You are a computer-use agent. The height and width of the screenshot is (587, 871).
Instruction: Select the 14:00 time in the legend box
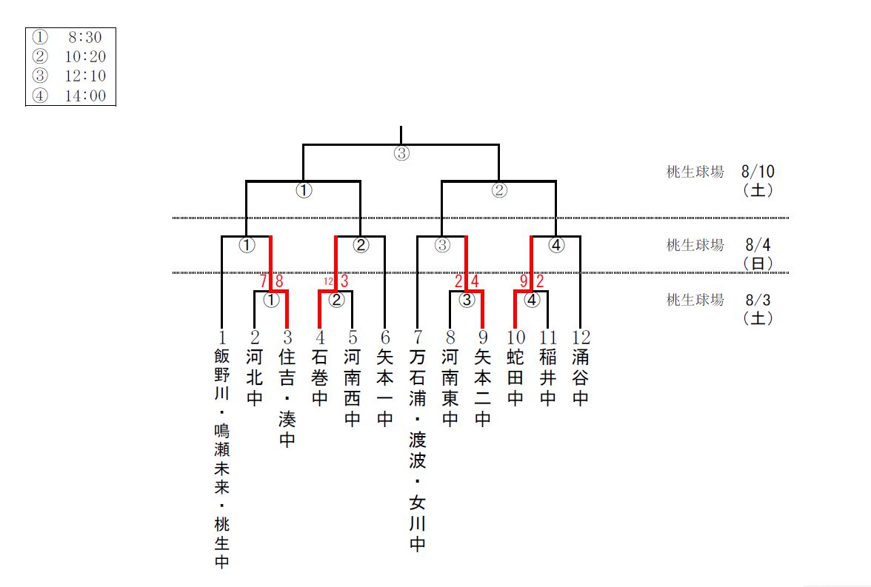tap(84, 95)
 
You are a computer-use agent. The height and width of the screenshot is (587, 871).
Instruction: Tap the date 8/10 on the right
tap(758, 172)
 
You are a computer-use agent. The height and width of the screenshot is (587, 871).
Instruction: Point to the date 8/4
tap(758, 244)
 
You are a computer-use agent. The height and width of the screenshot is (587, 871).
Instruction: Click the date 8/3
tap(758, 300)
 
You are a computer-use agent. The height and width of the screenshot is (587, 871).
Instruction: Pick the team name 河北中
tap(254, 378)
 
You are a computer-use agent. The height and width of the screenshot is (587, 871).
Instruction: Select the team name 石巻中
tap(319, 378)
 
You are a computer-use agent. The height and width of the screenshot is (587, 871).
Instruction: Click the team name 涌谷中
tap(580, 378)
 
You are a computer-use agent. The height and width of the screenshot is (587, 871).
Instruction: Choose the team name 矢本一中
tap(384, 388)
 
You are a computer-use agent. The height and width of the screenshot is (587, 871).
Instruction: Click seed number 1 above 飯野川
tap(221, 338)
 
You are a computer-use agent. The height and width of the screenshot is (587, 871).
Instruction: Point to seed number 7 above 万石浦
tap(417, 338)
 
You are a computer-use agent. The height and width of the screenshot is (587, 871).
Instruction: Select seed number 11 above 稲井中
tap(547, 338)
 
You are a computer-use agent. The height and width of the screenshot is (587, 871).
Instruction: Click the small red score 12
tap(328, 281)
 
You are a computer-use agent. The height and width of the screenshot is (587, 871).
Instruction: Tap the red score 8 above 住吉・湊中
tap(279, 281)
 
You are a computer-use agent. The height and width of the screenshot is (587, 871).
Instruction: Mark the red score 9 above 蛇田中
tap(523, 281)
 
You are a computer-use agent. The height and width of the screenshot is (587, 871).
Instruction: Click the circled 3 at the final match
tap(401, 154)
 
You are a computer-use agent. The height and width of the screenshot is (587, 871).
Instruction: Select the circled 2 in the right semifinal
tap(499, 190)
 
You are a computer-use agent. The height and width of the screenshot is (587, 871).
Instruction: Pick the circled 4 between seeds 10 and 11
tap(532, 300)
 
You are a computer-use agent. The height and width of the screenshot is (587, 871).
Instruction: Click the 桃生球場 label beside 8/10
tap(695, 172)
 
